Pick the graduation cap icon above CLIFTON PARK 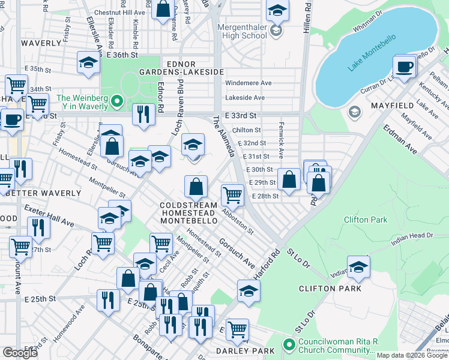pos(358,267)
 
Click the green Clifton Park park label pos(366,220)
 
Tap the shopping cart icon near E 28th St pos(232,194)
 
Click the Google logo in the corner pos(20,353)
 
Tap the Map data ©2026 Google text pos(412,355)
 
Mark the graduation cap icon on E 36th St pos(88,62)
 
